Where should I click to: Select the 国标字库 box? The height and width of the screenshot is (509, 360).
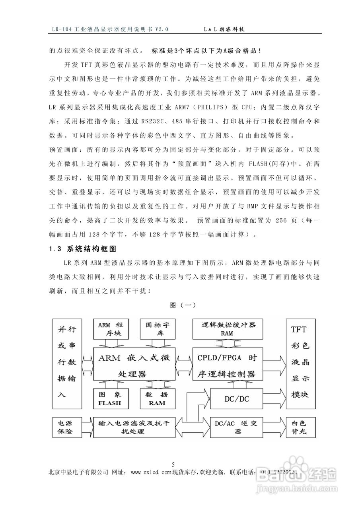coord(158,328)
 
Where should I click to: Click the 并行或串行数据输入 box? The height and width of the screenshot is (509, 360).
coord(67,363)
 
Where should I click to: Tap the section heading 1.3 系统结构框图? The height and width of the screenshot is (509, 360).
coord(82,249)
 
